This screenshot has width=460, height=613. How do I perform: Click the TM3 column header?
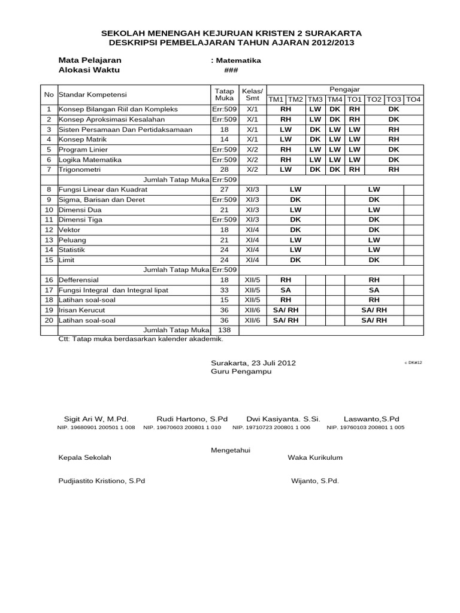coord(316,99)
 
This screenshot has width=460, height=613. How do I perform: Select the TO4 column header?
coord(414,99)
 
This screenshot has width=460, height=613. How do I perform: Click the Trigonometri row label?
coord(78,170)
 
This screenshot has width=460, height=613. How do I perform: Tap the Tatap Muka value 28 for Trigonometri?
coord(225,170)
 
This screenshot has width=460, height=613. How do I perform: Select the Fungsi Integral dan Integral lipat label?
coord(113,290)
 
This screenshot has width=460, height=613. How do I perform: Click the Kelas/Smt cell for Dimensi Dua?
coord(252,210)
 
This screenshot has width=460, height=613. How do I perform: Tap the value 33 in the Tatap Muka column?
coord(225,290)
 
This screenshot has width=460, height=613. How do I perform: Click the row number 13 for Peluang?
coord(49,239)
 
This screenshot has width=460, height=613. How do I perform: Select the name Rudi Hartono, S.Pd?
coord(192,418)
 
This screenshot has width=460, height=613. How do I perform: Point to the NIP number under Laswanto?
coord(365,428)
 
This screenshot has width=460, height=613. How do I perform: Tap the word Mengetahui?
coord(231,450)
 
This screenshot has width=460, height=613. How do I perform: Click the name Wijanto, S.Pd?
coord(315,481)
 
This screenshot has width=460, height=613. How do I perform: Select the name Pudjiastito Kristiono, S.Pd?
coord(101,481)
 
